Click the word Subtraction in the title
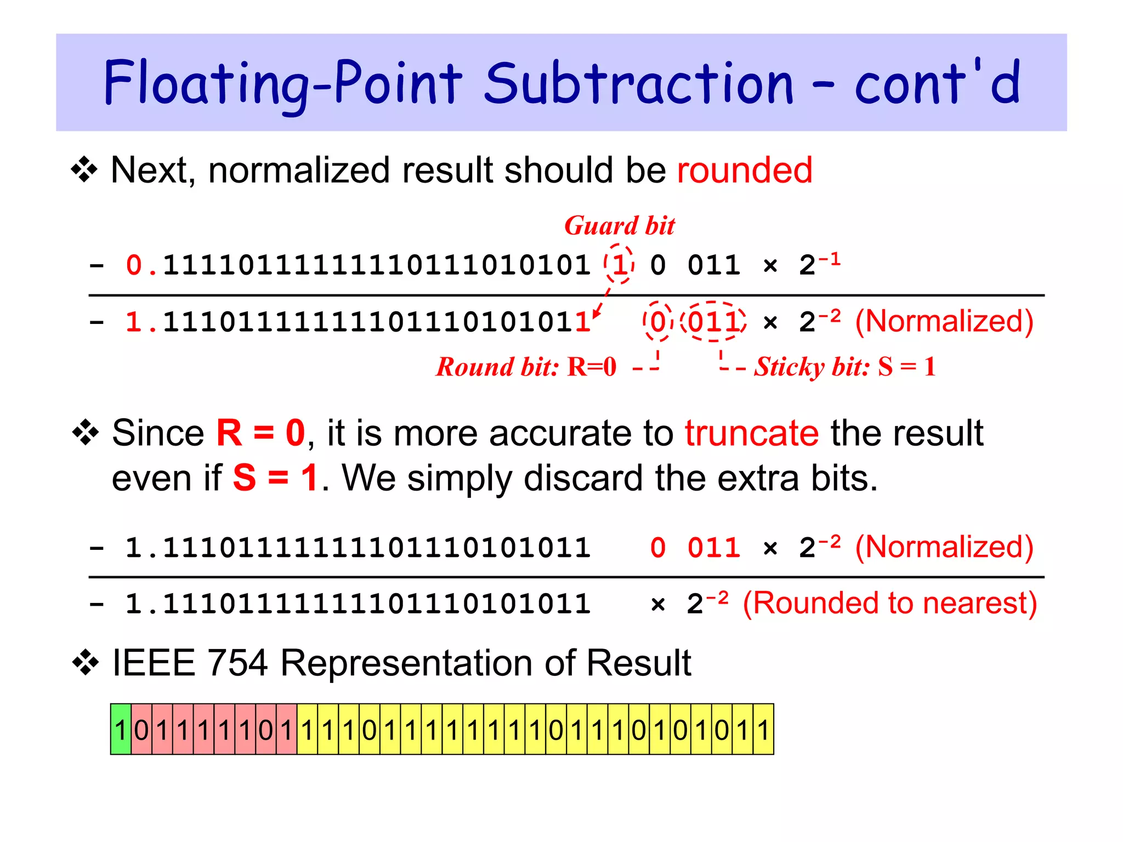point(639,83)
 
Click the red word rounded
point(744,170)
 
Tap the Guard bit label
point(620,226)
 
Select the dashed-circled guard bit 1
point(620,265)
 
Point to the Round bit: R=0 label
point(526,367)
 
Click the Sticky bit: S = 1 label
point(844,367)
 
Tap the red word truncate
point(752,433)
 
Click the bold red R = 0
point(261,433)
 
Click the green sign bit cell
point(121,730)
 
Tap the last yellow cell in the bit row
point(763,730)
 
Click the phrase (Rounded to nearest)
point(889,603)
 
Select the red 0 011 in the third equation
point(695,548)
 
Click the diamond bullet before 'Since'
point(85,433)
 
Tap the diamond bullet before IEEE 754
point(85,663)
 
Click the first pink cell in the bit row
point(141,730)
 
